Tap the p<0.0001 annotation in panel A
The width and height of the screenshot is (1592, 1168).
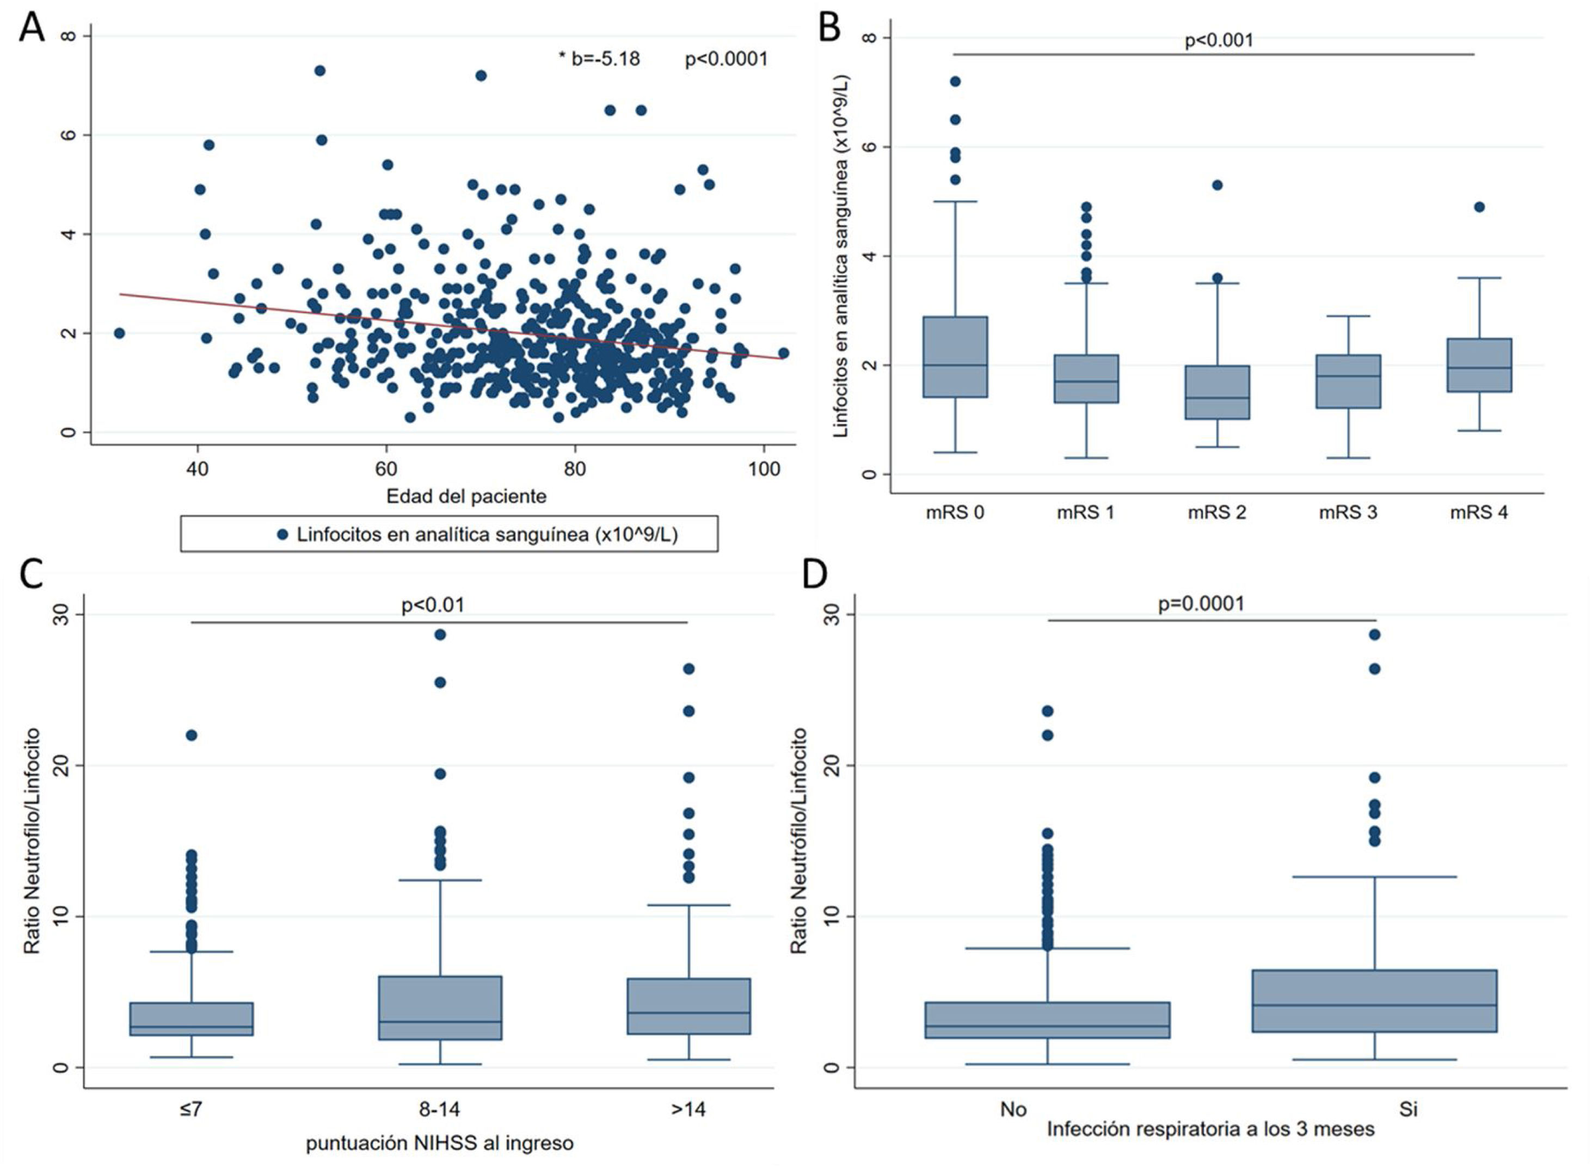[726, 59]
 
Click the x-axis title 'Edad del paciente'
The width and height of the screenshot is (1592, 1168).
[466, 496]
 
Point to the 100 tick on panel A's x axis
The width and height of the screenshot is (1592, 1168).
[764, 469]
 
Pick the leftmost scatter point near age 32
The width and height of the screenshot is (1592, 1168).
[119, 333]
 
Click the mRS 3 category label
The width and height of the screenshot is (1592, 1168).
[1348, 512]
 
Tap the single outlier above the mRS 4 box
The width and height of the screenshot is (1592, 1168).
[1479, 207]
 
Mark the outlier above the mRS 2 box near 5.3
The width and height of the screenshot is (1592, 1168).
[1217, 186]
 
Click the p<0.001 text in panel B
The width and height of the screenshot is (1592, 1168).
[1219, 40]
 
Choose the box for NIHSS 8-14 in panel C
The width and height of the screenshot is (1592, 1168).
[440, 1008]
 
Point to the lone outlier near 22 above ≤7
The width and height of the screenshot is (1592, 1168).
[191, 736]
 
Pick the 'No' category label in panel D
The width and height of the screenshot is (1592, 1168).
[1013, 1109]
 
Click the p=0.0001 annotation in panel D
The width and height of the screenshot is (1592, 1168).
[1201, 604]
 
